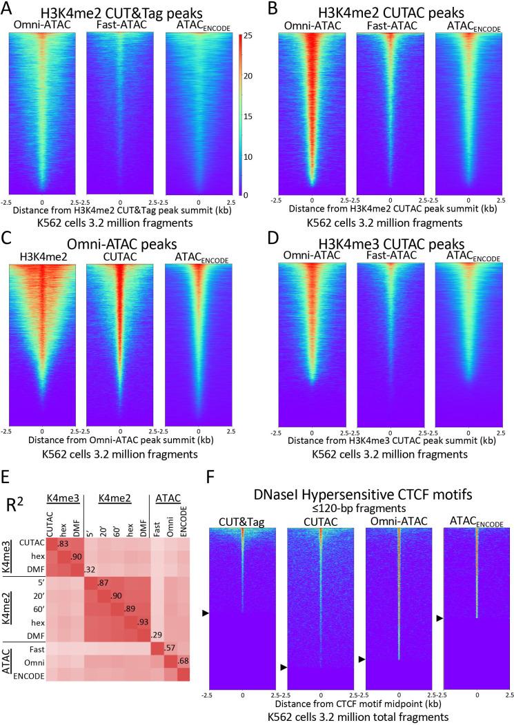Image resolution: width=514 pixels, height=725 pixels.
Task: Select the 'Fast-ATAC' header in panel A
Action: point(120,25)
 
